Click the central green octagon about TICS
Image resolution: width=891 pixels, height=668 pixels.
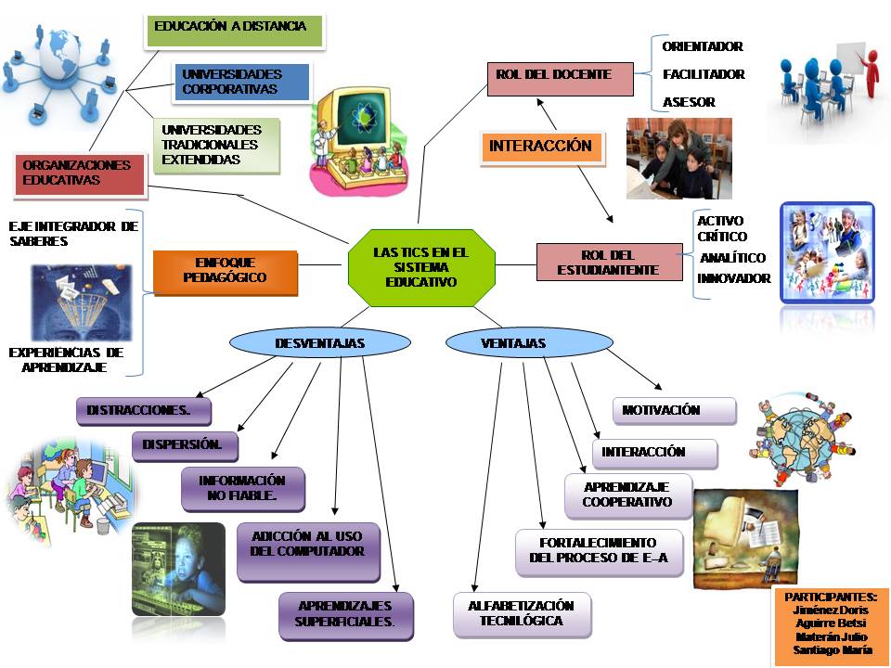click(420, 267)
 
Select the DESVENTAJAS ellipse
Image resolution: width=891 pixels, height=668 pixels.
click(319, 343)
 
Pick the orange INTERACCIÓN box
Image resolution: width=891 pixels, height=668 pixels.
click(540, 147)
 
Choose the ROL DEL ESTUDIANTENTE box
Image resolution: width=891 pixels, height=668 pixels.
click(607, 262)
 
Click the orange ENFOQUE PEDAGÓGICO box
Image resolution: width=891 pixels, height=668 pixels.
click(225, 271)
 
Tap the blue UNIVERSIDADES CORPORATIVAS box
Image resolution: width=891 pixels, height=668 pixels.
click(239, 82)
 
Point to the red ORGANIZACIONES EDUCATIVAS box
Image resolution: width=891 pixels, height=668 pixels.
click(79, 173)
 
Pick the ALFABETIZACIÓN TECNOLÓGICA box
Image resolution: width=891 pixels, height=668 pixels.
click(521, 614)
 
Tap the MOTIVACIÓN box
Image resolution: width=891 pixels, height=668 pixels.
click(673, 410)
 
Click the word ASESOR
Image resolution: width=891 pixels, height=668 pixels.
click(689, 102)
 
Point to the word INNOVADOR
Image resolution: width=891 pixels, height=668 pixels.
click(733, 278)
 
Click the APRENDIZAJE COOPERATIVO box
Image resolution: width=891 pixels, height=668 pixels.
click(627, 495)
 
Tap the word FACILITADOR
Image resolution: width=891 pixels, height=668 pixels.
click(704, 74)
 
